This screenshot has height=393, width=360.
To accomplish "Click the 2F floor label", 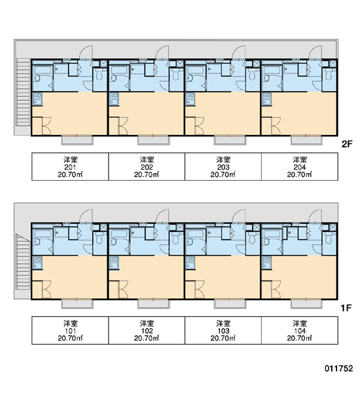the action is (347, 144).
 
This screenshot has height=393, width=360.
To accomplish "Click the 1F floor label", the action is (346, 308).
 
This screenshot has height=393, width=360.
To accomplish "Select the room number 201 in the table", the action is (70, 167).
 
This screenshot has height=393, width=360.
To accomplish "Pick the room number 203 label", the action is (223, 167).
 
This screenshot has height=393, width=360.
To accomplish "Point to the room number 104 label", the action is (300, 331).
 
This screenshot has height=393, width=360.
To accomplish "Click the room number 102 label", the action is (147, 331).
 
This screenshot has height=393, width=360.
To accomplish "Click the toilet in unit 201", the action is (99, 74).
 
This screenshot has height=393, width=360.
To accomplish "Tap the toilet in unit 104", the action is (329, 238).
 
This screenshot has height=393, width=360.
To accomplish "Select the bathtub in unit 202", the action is (119, 70).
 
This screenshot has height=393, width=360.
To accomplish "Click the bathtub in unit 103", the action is (196, 234).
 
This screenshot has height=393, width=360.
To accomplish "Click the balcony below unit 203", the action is (230, 140).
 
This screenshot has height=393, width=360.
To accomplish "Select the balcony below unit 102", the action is (154, 304).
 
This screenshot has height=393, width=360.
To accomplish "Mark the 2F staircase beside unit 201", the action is (24, 92).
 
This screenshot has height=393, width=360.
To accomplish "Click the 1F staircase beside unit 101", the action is (24, 261).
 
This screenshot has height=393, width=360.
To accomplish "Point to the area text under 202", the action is (147, 174).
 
